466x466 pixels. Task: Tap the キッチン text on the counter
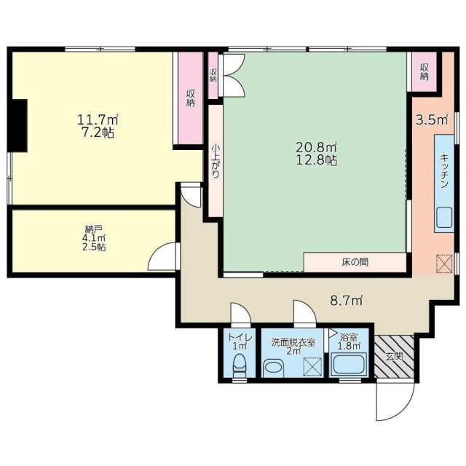tap(443, 172)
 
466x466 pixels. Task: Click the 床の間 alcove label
tap(355, 262)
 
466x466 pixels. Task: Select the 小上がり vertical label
tap(216, 159)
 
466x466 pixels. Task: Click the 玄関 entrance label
tap(394, 356)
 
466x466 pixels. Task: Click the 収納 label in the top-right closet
tap(424, 71)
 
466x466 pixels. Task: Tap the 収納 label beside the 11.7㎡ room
tap(190, 98)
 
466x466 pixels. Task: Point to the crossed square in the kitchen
tap(443, 264)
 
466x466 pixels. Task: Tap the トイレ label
tap(240, 337)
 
